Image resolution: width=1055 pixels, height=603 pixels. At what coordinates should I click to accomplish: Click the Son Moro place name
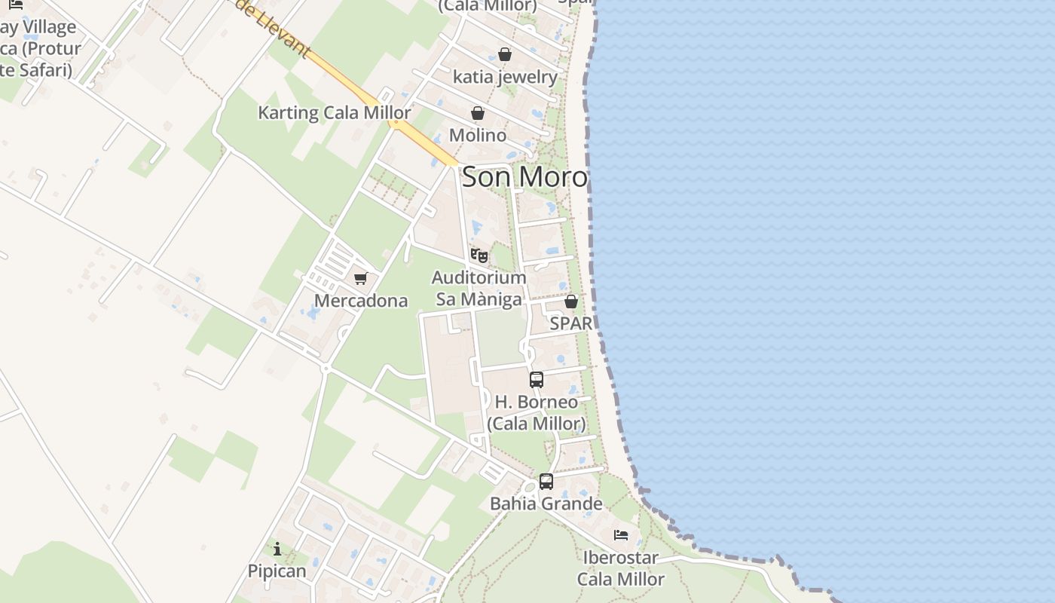(x=524, y=177)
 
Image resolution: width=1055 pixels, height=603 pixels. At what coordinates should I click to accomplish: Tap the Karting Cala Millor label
(x=335, y=113)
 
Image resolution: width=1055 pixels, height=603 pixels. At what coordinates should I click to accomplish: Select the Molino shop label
(x=478, y=135)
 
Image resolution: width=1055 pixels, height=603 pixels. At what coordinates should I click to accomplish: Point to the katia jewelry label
(x=505, y=77)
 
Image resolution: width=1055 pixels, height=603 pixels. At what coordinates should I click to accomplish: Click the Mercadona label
(x=361, y=301)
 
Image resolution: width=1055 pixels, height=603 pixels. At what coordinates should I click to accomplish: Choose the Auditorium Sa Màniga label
(x=479, y=289)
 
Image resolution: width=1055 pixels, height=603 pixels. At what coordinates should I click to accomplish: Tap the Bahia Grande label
(x=546, y=504)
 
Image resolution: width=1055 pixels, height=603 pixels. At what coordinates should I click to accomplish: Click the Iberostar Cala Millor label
(x=621, y=568)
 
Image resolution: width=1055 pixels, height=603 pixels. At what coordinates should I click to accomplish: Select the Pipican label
(x=277, y=571)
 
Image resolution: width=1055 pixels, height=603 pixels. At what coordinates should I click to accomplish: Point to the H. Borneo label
(x=537, y=412)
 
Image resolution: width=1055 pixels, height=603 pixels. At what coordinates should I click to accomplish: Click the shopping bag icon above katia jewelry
(x=505, y=54)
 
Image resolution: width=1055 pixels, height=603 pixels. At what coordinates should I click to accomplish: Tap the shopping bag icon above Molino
(x=478, y=113)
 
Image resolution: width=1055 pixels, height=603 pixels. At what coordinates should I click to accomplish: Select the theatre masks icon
(x=479, y=255)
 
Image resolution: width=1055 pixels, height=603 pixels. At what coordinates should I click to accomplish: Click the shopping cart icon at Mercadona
(x=361, y=278)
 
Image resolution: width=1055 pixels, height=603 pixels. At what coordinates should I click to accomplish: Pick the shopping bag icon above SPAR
(x=571, y=301)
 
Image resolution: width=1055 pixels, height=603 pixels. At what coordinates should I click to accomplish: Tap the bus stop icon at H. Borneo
(x=537, y=379)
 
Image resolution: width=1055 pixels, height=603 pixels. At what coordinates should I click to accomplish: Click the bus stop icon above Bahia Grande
(x=546, y=481)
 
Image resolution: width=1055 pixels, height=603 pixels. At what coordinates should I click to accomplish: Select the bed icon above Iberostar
(x=621, y=535)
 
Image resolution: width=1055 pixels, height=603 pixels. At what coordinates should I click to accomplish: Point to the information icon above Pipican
(x=277, y=549)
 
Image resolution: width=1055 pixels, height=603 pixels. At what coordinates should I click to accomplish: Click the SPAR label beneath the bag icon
(x=571, y=323)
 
